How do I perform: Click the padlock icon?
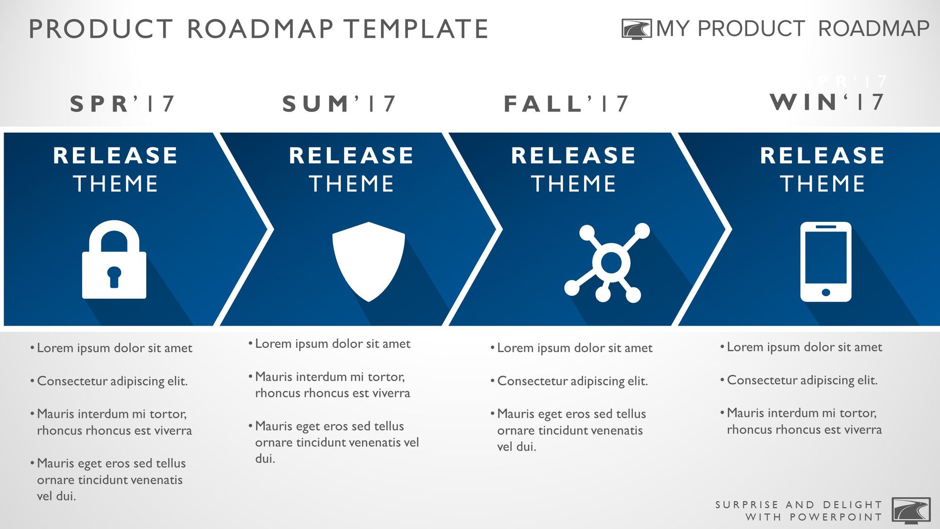(x=114, y=260)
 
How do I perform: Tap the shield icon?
(x=369, y=260)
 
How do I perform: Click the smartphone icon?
(x=826, y=262)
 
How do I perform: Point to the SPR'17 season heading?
(x=122, y=104)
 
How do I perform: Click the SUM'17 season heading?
(x=339, y=104)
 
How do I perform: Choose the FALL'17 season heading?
(x=566, y=104)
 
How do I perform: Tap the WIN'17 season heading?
(x=827, y=102)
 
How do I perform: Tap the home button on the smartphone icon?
(x=826, y=293)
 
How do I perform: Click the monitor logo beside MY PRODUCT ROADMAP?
(x=636, y=29)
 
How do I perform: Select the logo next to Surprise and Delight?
(x=911, y=510)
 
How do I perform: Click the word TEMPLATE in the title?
(x=417, y=29)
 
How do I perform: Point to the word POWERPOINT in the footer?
(x=836, y=517)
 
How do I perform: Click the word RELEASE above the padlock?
(x=115, y=156)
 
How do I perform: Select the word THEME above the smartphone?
(x=822, y=184)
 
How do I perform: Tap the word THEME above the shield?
(x=352, y=184)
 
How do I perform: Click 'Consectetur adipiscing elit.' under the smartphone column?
(x=802, y=380)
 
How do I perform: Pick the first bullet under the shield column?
(x=332, y=343)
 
